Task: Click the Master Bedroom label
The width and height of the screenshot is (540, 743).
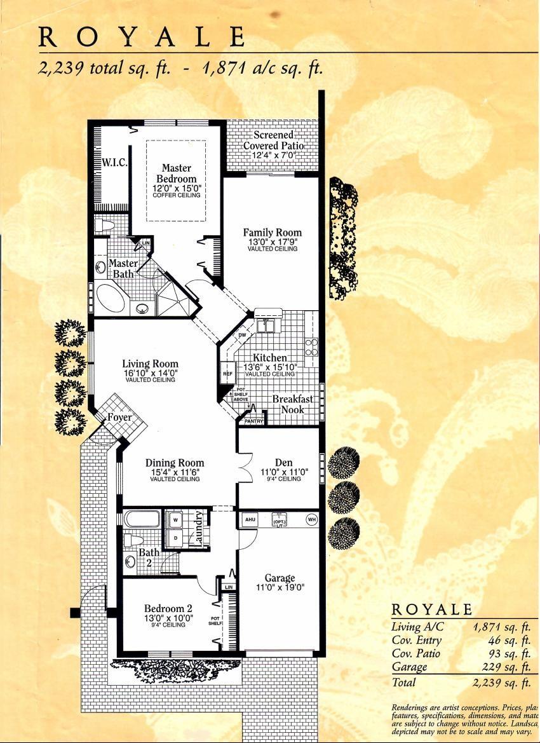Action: click(176, 174)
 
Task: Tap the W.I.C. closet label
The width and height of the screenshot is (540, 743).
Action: click(114, 163)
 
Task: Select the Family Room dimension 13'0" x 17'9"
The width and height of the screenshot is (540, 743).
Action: click(272, 242)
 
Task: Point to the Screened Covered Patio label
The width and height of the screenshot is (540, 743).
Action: click(273, 140)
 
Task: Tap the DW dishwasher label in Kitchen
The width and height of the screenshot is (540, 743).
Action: click(242, 335)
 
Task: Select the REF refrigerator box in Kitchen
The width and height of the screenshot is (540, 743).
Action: click(227, 374)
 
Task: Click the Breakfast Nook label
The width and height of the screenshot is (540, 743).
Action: click(293, 404)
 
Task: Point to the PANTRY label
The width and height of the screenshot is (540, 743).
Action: click(253, 421)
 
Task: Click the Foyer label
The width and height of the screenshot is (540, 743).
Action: click(119, 418)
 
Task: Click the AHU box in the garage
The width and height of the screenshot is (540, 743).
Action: click(250, 519)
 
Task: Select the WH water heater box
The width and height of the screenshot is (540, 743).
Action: click(311, 519)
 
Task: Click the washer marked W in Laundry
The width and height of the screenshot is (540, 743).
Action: click(176, 520)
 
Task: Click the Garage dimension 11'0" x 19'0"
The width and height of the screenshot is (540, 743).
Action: click(280, 588)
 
